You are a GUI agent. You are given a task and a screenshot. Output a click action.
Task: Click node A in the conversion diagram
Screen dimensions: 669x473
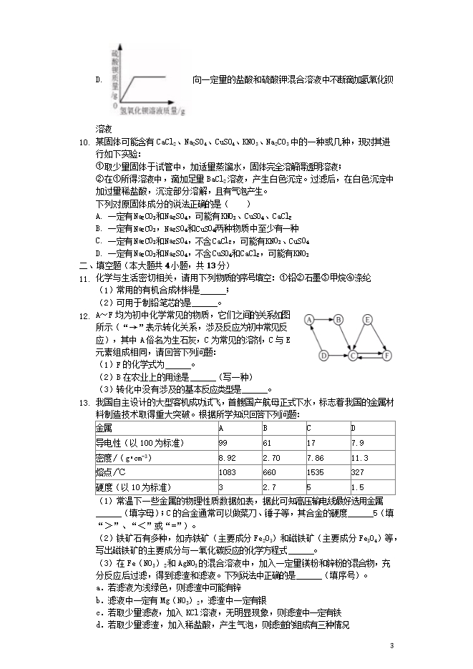point(310,320)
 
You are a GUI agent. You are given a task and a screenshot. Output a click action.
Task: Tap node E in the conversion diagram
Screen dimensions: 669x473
point(368,320)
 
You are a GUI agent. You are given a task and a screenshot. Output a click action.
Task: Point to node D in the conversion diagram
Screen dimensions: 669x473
point(323,354)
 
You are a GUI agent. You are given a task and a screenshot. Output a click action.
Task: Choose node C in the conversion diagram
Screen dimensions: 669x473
point(353,354)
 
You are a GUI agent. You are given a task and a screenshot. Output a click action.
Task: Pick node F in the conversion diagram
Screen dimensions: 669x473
point(387,354)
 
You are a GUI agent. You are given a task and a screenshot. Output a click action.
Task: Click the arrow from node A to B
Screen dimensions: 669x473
point(324,320)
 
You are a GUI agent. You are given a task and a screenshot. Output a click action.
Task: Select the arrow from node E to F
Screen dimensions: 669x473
point(378,337)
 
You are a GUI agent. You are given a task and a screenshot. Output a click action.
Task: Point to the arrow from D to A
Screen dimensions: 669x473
point(316,338)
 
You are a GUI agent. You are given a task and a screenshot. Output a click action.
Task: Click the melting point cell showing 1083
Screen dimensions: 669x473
point(228,472)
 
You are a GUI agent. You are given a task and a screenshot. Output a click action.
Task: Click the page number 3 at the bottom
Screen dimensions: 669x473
point(392,646)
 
